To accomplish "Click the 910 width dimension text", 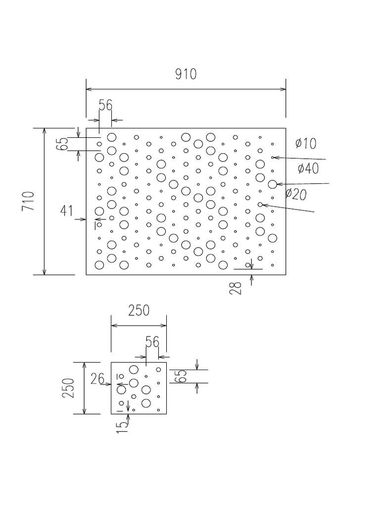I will click(x=186, y=74).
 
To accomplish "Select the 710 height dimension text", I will click(x=29, y=202).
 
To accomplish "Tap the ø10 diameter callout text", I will click(x=305, y=144).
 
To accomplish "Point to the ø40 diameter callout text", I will click(x=308, y=169).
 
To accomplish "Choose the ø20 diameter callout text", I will click(x=296, y=194).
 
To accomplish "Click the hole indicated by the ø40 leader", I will click(x=272, y=184).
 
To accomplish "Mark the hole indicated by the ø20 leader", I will click(x=260, y=204).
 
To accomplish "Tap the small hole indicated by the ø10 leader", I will click(x=272, y=157).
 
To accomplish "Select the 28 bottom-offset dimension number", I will click(x=236, y=288).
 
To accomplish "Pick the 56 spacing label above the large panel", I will click(x=105, y=105).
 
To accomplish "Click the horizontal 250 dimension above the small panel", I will click(x=139, y=311).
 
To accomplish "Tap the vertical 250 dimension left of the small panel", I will click(x=68, y=388).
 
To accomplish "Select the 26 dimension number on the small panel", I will click(x=98, y=379).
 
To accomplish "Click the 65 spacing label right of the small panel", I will click(x=181, y=376).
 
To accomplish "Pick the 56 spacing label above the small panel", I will click(x=152, y=342).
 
